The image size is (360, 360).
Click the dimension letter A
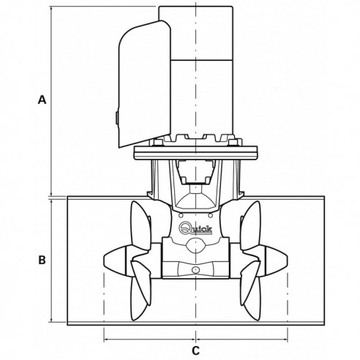(x=42, y=101)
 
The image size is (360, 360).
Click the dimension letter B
(x=42, y=260)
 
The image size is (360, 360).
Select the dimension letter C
(x=196, y=350)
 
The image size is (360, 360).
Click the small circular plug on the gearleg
(x=195, y=272)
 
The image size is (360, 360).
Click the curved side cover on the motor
(x=139, y=80)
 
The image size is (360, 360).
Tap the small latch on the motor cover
(x=116, y=116)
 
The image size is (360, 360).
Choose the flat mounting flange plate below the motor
(x=196, y=153)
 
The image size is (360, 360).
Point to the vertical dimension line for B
(x=50, y=260)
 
